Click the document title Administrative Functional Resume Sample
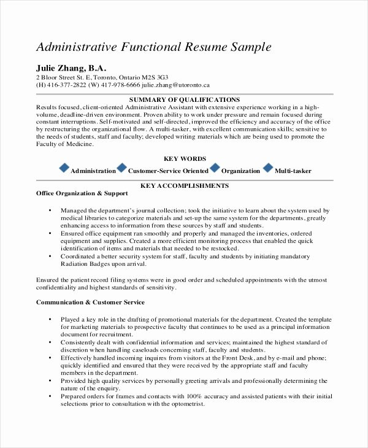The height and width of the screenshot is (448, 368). tap(153, 47)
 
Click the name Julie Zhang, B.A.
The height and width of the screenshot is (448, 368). tap(71, 68)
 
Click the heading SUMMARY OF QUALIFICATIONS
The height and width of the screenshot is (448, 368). tap(185, 99)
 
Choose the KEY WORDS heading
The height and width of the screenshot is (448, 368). tap(185, 158)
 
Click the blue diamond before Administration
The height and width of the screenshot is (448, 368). tap(64, 168)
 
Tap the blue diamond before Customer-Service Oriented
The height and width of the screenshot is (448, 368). tap(121, 168)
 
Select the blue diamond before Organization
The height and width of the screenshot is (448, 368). tap(215, 168)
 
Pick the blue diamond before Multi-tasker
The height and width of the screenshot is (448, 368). tap(268, 168)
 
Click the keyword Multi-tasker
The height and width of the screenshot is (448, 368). tap(293, 171)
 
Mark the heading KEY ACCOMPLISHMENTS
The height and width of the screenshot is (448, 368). tap(185, 185)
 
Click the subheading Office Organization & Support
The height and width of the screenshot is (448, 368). tap(82, 194)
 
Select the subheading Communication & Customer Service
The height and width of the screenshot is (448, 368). tap(91, 302)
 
